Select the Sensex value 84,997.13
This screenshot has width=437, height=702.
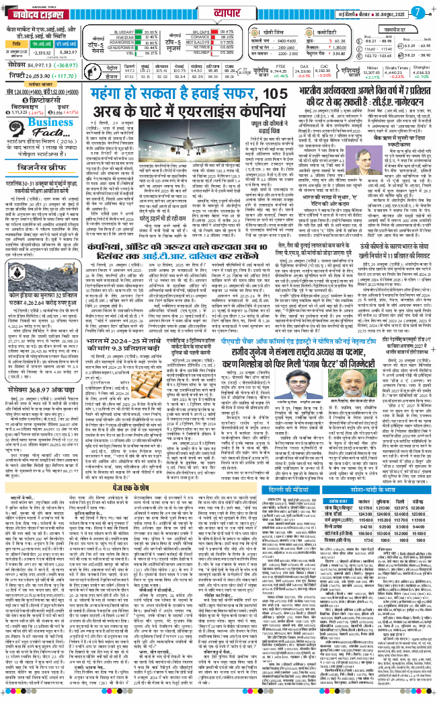(x=48, y=65)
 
